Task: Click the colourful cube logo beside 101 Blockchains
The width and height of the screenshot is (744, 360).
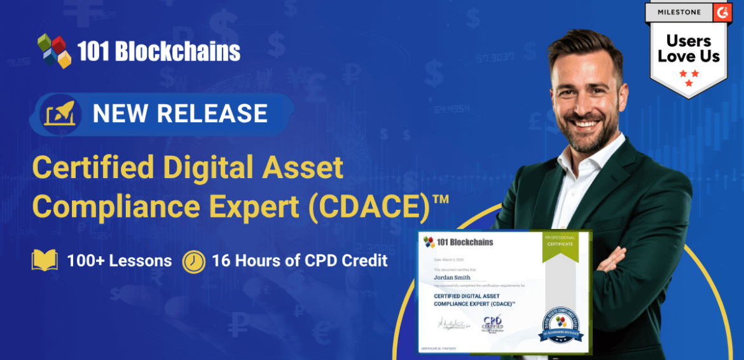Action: (54, 50)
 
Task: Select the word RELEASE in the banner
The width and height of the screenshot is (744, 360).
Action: (212, 113)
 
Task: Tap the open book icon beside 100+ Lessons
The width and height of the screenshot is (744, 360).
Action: (45, 261)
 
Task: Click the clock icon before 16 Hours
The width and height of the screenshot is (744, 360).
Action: (193, 261)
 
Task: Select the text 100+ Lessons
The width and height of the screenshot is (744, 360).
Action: (119, 261)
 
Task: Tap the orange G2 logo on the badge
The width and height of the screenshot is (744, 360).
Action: (721, 12)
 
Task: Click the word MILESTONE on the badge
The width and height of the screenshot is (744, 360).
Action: (678, 13)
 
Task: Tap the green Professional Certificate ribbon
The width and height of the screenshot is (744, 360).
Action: (559, 249)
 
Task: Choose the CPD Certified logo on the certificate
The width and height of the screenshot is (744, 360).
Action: (492, 323)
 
